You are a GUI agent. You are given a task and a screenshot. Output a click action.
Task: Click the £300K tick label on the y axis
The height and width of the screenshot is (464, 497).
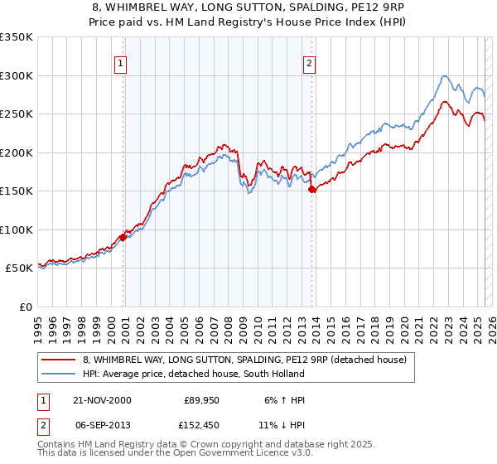coord(17,75)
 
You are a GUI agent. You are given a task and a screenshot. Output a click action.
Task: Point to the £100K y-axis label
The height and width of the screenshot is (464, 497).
coord(17,230)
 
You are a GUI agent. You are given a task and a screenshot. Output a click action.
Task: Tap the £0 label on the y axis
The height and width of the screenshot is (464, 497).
coord(24,307)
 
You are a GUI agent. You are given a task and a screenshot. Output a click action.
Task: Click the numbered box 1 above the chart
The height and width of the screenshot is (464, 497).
coord(121,62)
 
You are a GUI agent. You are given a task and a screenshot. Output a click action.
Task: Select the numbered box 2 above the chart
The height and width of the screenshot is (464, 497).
coord(309,62)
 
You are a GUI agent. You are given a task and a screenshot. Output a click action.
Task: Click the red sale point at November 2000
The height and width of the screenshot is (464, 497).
coord(123,237)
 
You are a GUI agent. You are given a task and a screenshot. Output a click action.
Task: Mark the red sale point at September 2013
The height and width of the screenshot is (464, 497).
coord(311,189)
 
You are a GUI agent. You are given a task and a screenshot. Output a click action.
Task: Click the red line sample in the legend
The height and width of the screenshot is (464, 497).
coord(59,360)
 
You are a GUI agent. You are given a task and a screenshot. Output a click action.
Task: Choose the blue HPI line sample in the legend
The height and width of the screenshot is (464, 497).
coord(59,375)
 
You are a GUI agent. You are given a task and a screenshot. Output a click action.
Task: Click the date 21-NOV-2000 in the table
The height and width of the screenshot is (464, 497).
coord(103,400)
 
